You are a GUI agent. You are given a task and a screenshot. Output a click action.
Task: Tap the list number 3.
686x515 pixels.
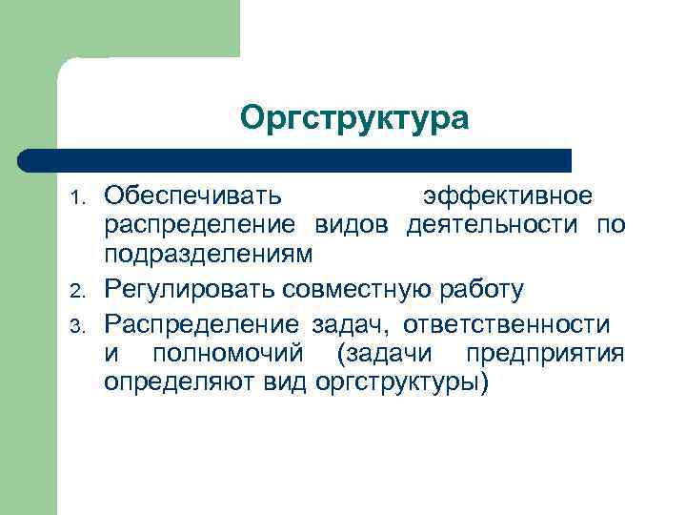point(81,326)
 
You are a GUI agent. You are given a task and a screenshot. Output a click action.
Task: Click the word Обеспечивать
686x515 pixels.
point(193,196)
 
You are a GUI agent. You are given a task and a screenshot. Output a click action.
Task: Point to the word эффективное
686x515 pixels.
point(511,196)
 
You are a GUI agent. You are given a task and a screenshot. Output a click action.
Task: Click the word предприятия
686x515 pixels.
point(546,355)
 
